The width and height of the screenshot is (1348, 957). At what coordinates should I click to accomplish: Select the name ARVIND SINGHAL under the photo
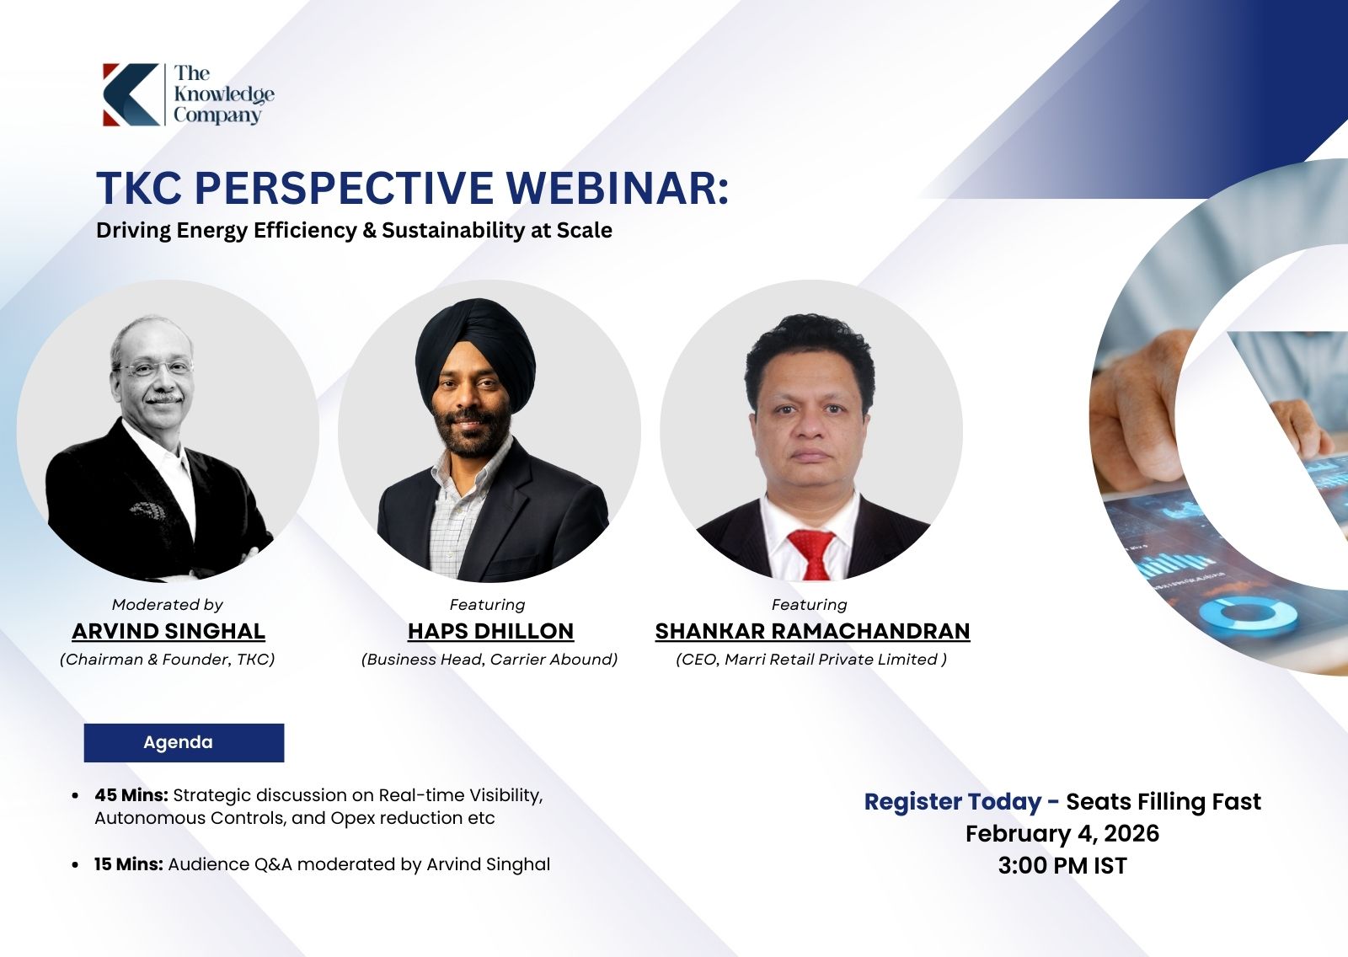coord(168,631)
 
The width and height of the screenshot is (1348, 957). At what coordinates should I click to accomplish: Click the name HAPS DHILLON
coord(490,631)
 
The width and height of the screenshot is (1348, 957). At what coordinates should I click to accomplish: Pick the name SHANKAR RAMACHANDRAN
coord(812,631)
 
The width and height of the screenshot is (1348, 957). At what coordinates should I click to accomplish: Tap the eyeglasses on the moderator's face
coord(155,366)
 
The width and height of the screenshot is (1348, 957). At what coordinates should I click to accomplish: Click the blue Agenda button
coord(185,743)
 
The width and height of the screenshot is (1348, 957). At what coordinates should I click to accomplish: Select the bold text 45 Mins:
coord(131,795)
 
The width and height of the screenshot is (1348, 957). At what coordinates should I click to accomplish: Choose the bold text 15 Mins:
coord(129,864)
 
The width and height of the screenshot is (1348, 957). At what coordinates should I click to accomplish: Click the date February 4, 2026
coord(1062,834)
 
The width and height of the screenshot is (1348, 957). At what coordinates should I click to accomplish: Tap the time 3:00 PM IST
coord(1062,865)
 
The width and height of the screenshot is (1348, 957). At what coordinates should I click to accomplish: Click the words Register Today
coord(953,802)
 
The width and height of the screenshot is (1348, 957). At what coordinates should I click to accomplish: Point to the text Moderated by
coord(168,604)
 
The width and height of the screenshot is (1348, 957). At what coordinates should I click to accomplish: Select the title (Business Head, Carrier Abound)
coord(489,660)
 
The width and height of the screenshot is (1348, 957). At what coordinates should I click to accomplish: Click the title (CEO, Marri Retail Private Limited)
coord(811,660)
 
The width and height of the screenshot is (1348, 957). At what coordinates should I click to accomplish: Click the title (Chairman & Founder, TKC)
coord(168,660)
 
